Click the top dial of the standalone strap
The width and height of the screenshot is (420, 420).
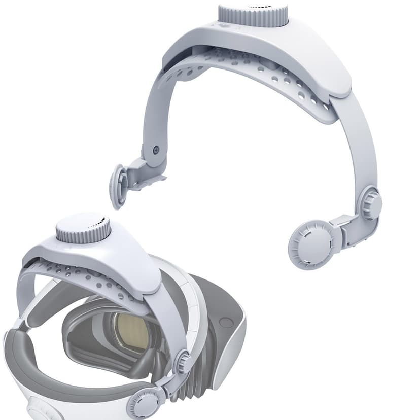253,15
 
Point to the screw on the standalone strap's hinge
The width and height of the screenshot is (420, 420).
156,150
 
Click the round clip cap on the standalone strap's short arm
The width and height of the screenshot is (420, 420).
119,186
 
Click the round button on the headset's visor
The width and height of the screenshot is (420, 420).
226,322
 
